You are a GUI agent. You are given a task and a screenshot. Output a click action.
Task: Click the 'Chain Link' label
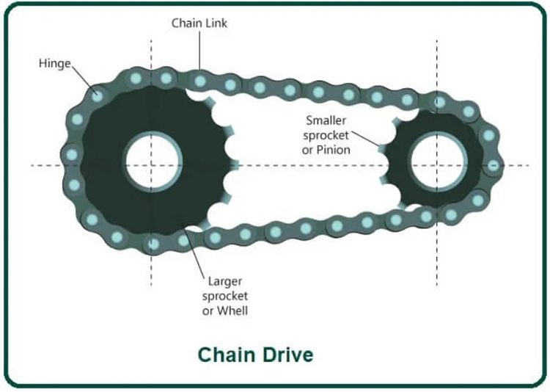199,23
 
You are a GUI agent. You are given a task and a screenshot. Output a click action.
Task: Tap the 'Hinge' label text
54,63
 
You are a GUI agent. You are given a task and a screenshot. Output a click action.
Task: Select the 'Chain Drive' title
255,355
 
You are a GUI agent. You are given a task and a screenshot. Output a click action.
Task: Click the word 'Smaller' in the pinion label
328,119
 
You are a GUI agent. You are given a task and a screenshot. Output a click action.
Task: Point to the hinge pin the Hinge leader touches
98,93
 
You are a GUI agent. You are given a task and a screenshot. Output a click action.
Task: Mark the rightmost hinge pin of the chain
493,164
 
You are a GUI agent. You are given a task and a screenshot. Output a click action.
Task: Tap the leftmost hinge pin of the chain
72,154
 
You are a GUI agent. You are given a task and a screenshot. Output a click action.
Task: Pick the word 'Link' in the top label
217,23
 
